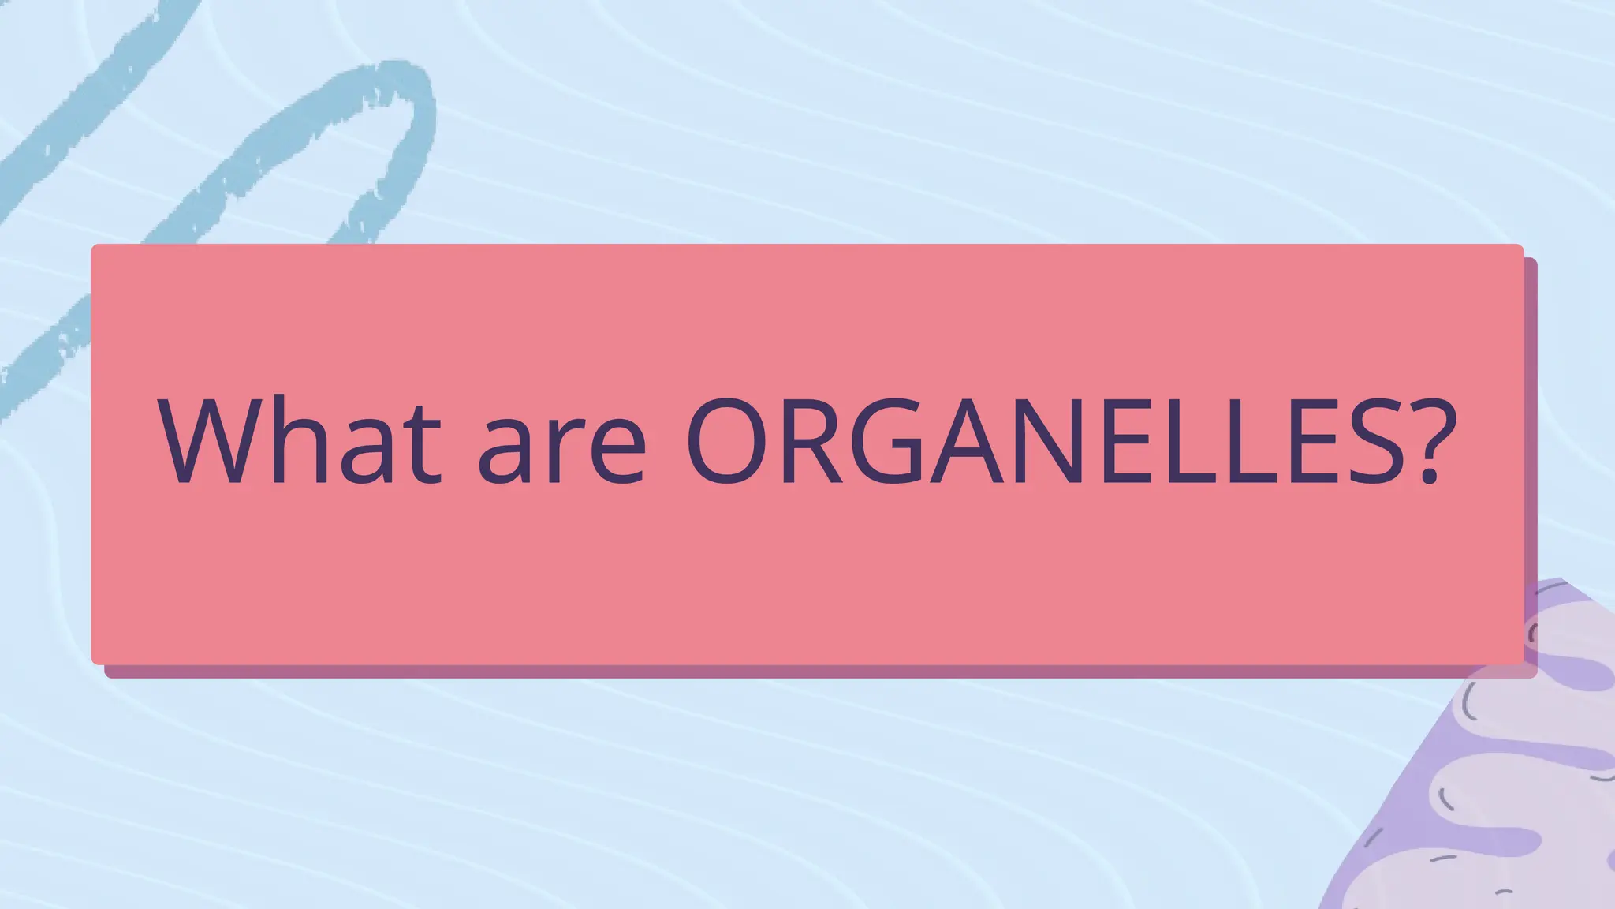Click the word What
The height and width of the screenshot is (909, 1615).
click(x=300, y=440)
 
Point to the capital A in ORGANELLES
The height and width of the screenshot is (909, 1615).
click(x=967, y=440)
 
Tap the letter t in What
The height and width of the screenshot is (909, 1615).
click(x=421, y=446)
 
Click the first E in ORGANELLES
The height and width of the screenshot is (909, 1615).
click(x=1128, y=440)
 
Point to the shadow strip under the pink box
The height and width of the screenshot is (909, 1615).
click(x=789, y=671)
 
